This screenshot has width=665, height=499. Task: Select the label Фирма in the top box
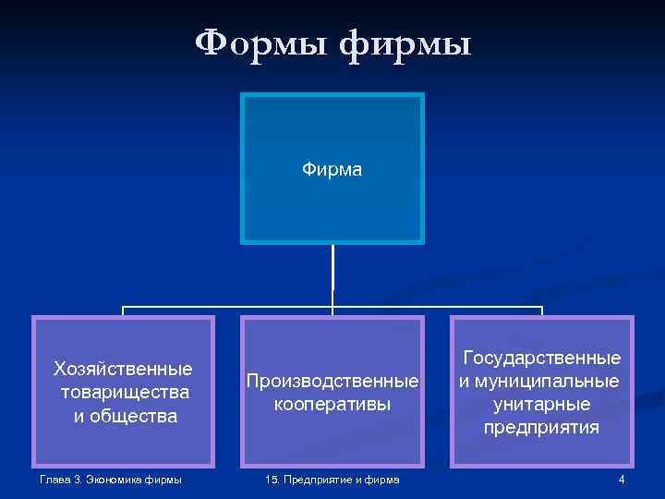[332, 169]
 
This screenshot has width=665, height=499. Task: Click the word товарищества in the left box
[124, 393]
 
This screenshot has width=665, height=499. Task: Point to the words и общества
[125, 416]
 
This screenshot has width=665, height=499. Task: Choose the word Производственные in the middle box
[332, 381]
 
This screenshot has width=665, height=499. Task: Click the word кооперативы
[332, 405]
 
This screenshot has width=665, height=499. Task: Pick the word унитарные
[542, 404]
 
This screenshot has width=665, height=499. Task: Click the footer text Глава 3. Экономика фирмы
[111, 479]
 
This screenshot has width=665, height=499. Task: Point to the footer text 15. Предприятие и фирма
[332, 479]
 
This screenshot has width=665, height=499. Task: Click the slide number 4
[622, 479]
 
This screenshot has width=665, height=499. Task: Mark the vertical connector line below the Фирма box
[333, 274]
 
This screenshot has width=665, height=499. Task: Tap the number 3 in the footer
[80, 479]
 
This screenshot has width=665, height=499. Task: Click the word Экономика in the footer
[117, 479]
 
